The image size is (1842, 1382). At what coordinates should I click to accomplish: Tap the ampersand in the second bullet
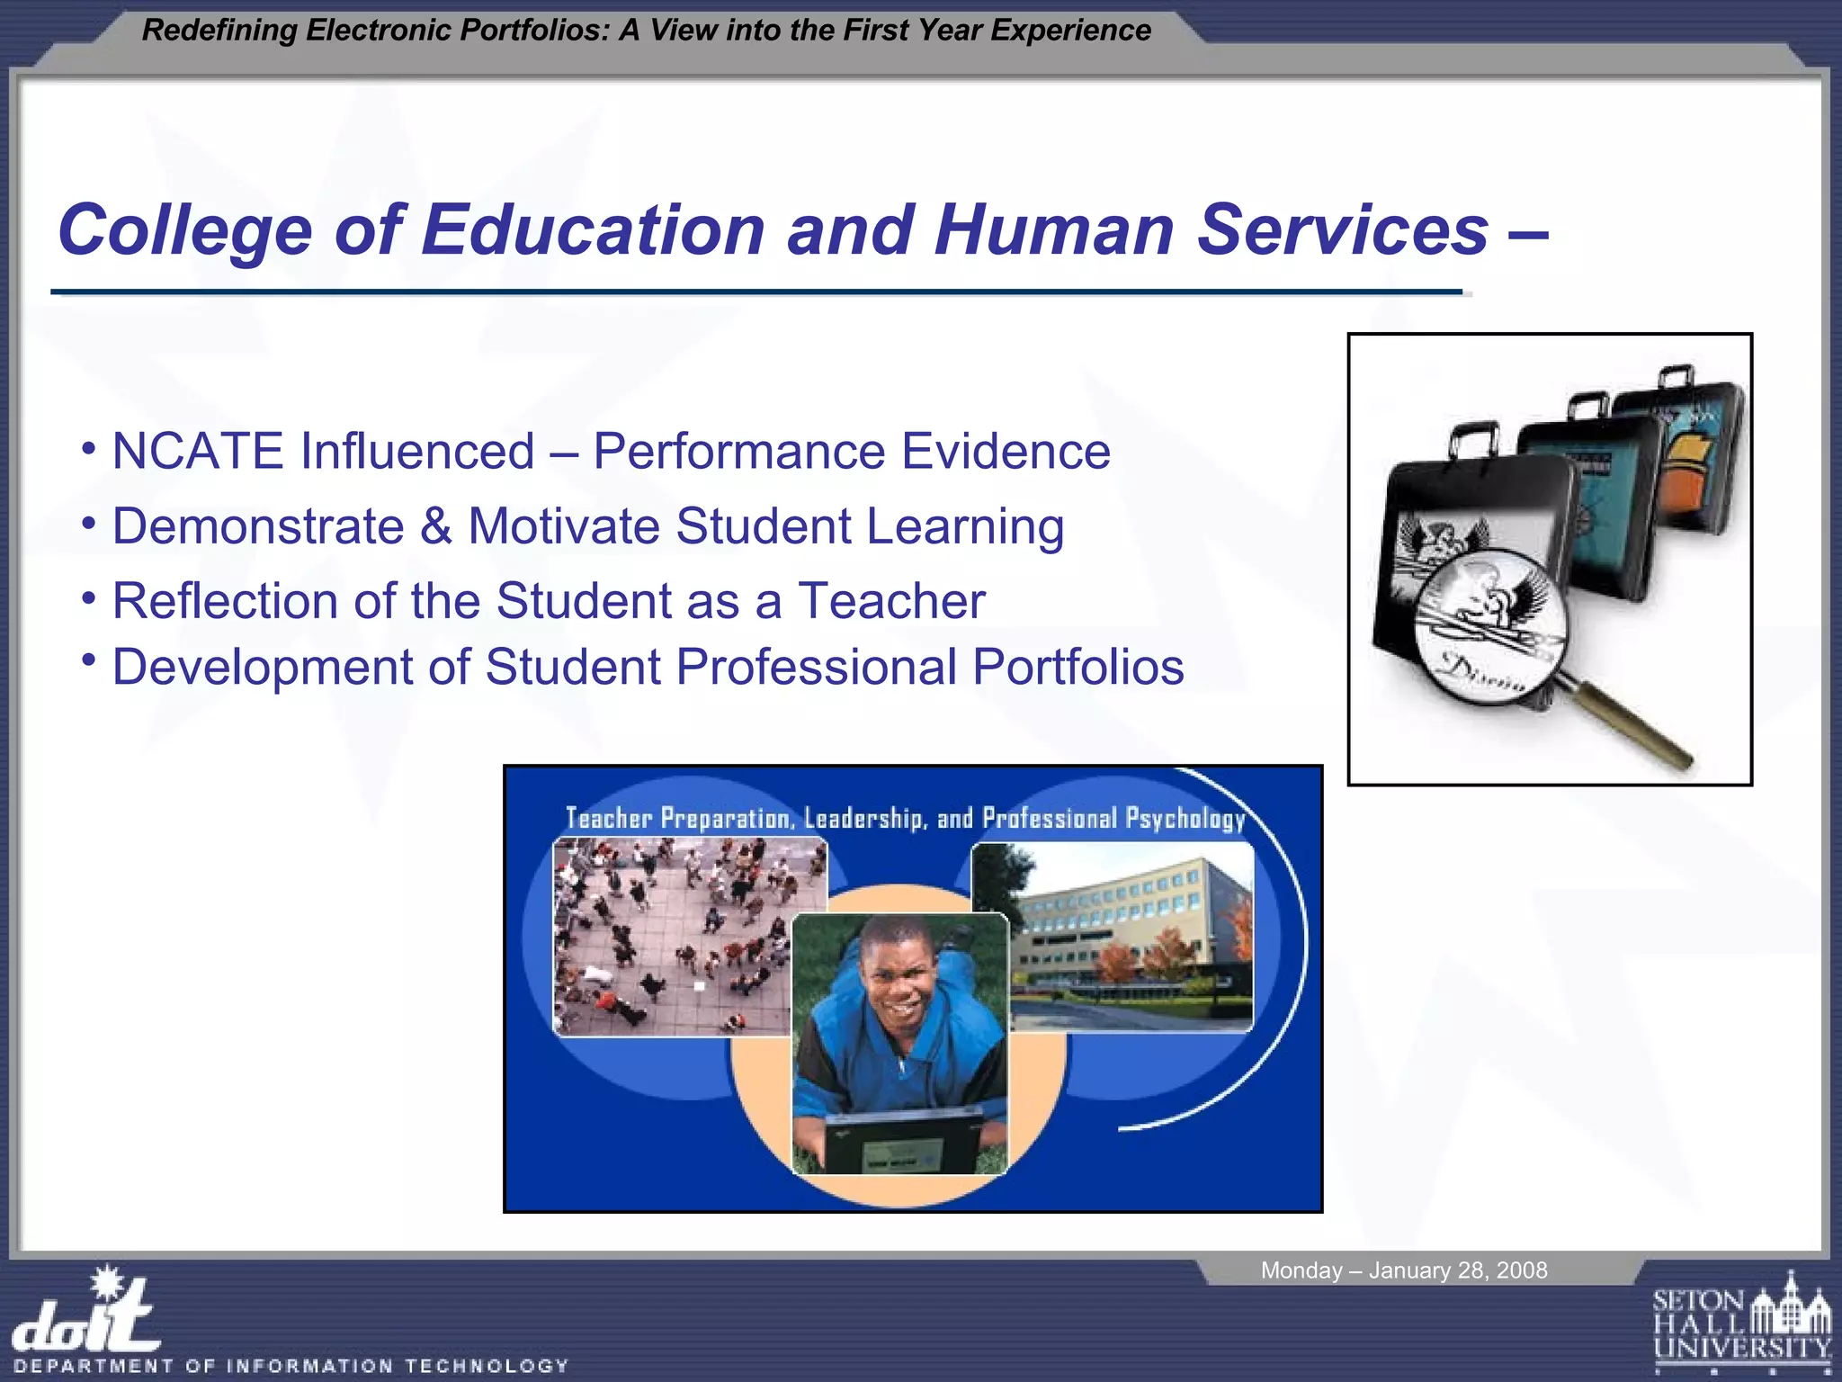[x=435, y=526]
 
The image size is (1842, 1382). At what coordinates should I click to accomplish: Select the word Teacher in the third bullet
[x=891, y=601]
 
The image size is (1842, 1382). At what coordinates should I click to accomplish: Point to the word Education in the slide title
[x=593, y=230]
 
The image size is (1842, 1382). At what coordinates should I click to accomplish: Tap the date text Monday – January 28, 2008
[x=1403, y=1270]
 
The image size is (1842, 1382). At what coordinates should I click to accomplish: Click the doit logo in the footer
[x=85, y=1318]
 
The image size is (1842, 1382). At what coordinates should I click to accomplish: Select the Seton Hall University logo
[x=1741, y=1322]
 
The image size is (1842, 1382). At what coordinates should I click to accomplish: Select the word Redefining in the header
[x=219, y=31]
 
